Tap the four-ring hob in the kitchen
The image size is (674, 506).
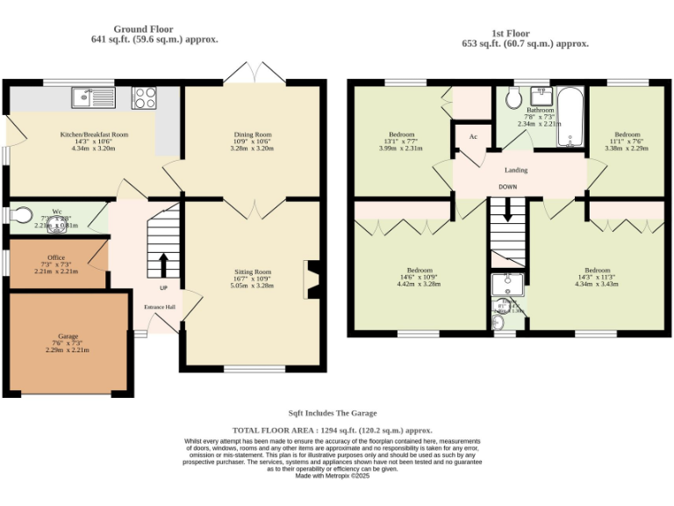[144, 96]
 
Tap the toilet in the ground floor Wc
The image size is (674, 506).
[19, 215]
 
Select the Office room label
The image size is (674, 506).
[56, 257]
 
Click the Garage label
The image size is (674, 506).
[68, 336]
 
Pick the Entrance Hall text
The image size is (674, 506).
[160, 307]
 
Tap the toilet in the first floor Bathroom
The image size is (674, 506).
[514, 98]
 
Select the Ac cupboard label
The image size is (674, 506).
[473, 137]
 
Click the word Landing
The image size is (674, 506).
[516, 170]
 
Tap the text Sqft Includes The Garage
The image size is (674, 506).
[333, 413]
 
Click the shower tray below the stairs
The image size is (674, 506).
[506, 286]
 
